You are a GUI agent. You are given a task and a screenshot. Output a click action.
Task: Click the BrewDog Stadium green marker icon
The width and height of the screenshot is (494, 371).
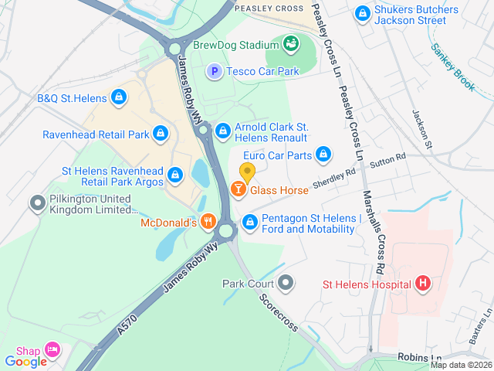click(x=291, y=44)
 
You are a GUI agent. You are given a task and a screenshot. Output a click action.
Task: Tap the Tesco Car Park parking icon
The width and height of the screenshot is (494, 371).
click(x=215, y=71)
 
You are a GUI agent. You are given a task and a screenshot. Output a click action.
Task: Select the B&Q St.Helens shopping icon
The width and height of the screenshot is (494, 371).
click(x=118, y=97)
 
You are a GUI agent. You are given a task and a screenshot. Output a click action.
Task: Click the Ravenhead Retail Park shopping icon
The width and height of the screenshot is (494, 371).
click(x=160, y=134)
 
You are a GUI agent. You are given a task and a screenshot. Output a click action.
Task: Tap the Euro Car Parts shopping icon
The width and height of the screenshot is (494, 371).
click(x=323, y=155)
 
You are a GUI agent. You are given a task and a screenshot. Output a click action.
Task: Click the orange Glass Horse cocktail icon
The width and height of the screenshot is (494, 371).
click(x=239, y=189)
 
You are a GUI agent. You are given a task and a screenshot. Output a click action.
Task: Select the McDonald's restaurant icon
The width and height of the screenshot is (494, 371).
click(x=208, y=223)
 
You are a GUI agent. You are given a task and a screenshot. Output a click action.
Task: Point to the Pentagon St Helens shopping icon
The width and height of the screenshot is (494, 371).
click(x=250, y=223)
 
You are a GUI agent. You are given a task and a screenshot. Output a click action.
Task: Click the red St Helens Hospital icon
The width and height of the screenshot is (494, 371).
click(x=422, y=284)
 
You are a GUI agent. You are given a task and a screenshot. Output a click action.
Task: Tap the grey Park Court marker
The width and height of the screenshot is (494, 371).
click(x=286, y=283)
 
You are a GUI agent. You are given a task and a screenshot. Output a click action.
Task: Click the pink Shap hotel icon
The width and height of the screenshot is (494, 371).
click(x=52, y=350)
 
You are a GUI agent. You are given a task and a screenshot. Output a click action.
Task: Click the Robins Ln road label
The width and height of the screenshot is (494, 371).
click(x=418, y=357)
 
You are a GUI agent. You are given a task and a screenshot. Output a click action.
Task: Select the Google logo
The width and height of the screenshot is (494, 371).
click(x=25, y=361)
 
